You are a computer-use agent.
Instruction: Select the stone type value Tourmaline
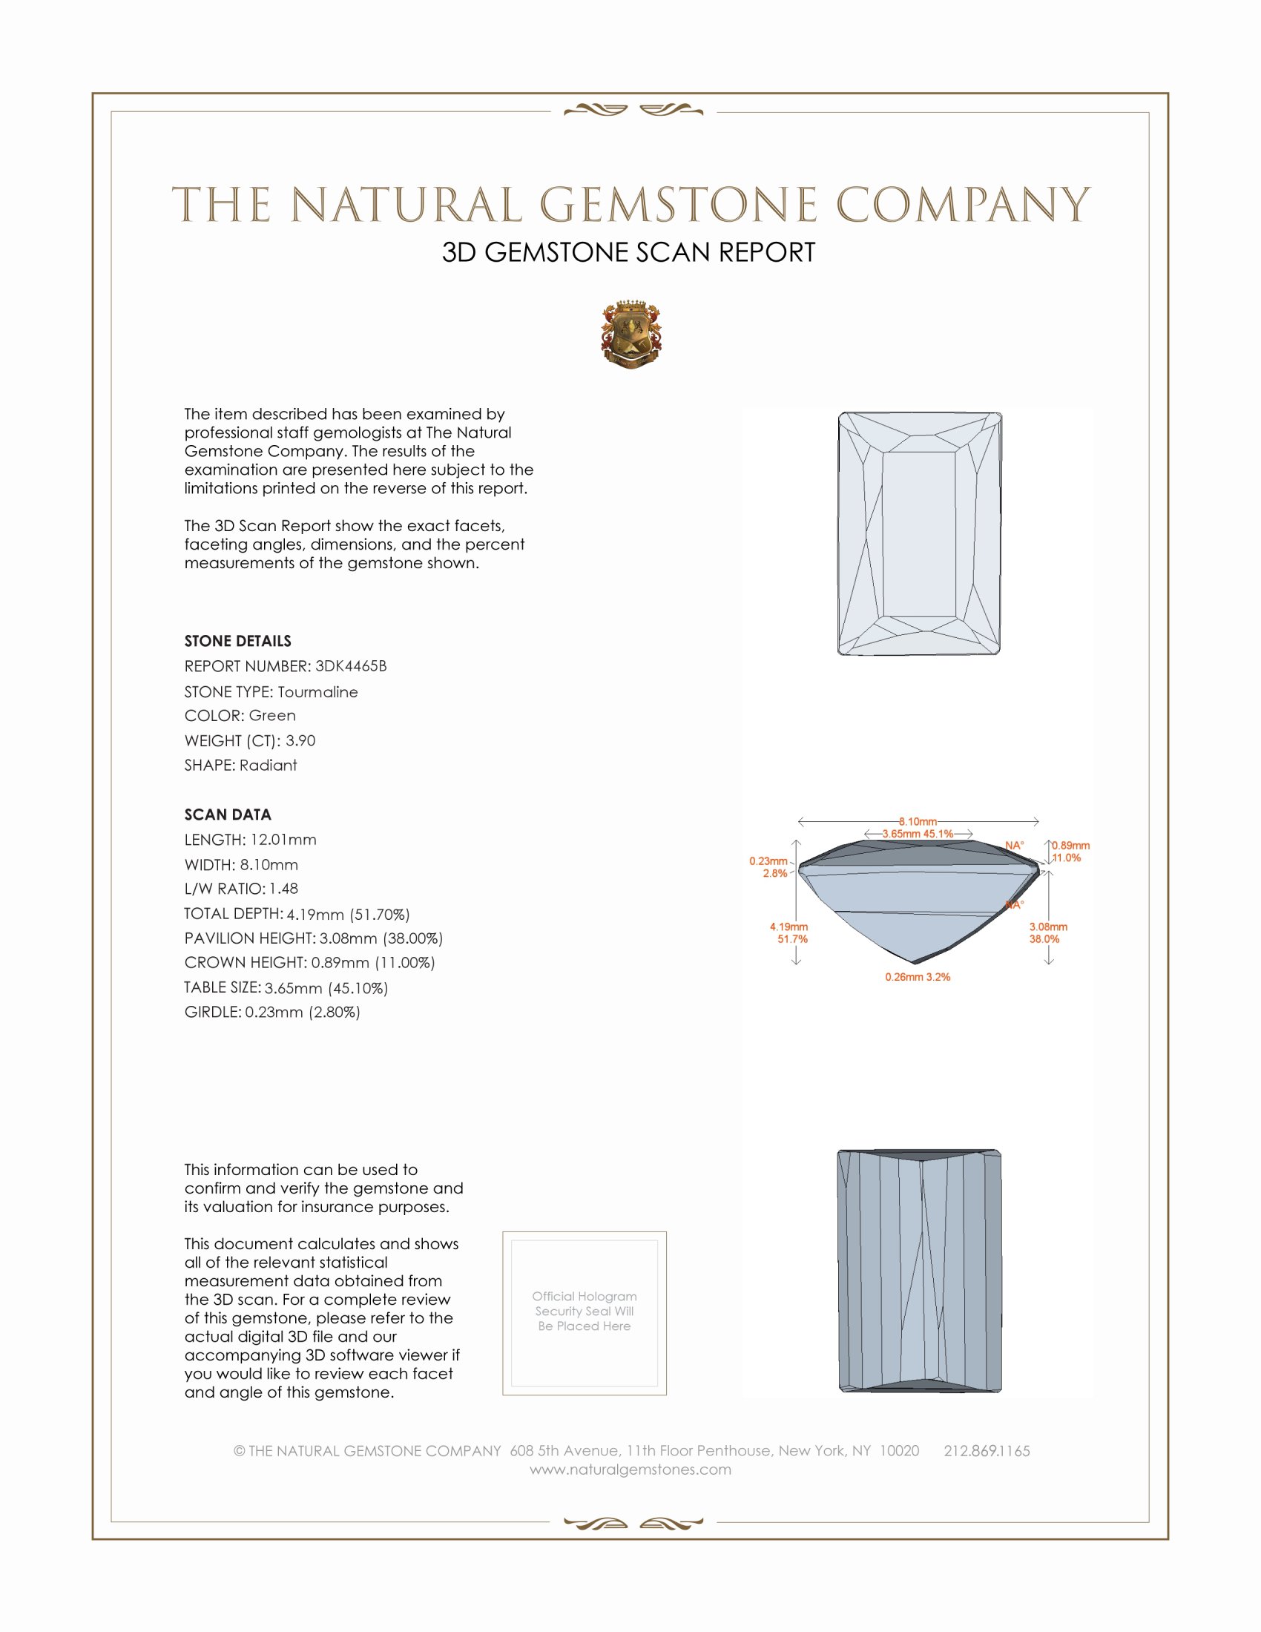317,692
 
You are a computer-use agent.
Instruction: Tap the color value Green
272,716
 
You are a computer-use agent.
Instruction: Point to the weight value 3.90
300,740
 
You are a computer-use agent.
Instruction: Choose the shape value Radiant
269,766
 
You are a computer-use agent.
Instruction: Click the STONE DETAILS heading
237,641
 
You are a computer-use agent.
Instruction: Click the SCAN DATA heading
228,815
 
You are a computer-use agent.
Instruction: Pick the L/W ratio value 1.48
284,889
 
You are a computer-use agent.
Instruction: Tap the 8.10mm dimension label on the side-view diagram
918,821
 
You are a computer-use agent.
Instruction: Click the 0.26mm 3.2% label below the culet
918,977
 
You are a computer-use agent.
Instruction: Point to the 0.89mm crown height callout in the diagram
1070,846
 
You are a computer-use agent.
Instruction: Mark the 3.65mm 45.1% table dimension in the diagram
918,834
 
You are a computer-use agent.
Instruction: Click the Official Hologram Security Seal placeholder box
585,1313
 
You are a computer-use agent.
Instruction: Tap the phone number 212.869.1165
986,1451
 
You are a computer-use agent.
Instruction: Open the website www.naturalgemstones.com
630,1470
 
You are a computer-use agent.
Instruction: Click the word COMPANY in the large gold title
962,205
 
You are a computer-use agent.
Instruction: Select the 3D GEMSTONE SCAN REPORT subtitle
628,252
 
